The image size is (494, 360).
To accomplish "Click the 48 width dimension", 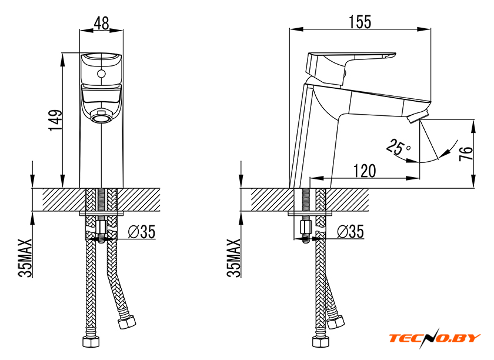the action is pos(101,23).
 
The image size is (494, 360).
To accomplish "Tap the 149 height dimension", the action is pos(55,120).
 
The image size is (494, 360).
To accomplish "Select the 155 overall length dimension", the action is pos(360,22).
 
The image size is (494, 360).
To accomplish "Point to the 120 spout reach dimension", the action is pos(365,171).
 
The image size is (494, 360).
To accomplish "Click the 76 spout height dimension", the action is pos(466,153).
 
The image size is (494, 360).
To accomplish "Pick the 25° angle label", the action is pos(399,146).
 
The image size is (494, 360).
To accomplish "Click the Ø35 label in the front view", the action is pos(142,232).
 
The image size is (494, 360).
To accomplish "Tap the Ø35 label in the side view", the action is pos(351,231).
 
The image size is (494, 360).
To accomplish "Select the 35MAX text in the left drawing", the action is pos(25,258).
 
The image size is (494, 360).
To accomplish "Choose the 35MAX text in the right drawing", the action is pos(233,258).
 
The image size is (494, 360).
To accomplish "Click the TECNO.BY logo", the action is pos(435,338).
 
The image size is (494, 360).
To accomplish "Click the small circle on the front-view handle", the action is pos(101,74).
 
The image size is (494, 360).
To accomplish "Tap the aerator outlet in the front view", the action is pos(101,118).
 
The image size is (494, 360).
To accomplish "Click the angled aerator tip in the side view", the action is pos(418,116).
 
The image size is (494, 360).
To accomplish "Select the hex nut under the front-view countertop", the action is pos(101,227).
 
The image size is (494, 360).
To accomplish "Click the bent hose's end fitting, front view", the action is pos(126,322).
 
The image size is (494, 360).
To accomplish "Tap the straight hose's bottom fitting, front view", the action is pos(91,342).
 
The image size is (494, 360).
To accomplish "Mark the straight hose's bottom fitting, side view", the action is pos(321,342).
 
